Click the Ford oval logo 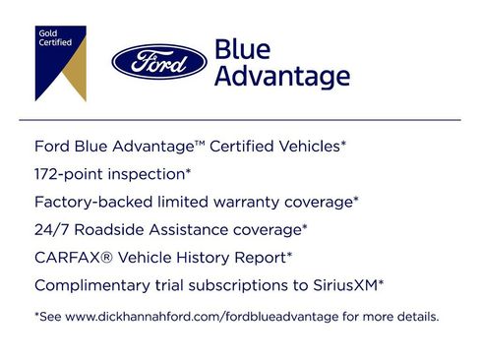coord(157,63)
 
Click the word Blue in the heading coord(238,49)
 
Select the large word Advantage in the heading coord(281,77)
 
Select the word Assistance coord(187,229)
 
